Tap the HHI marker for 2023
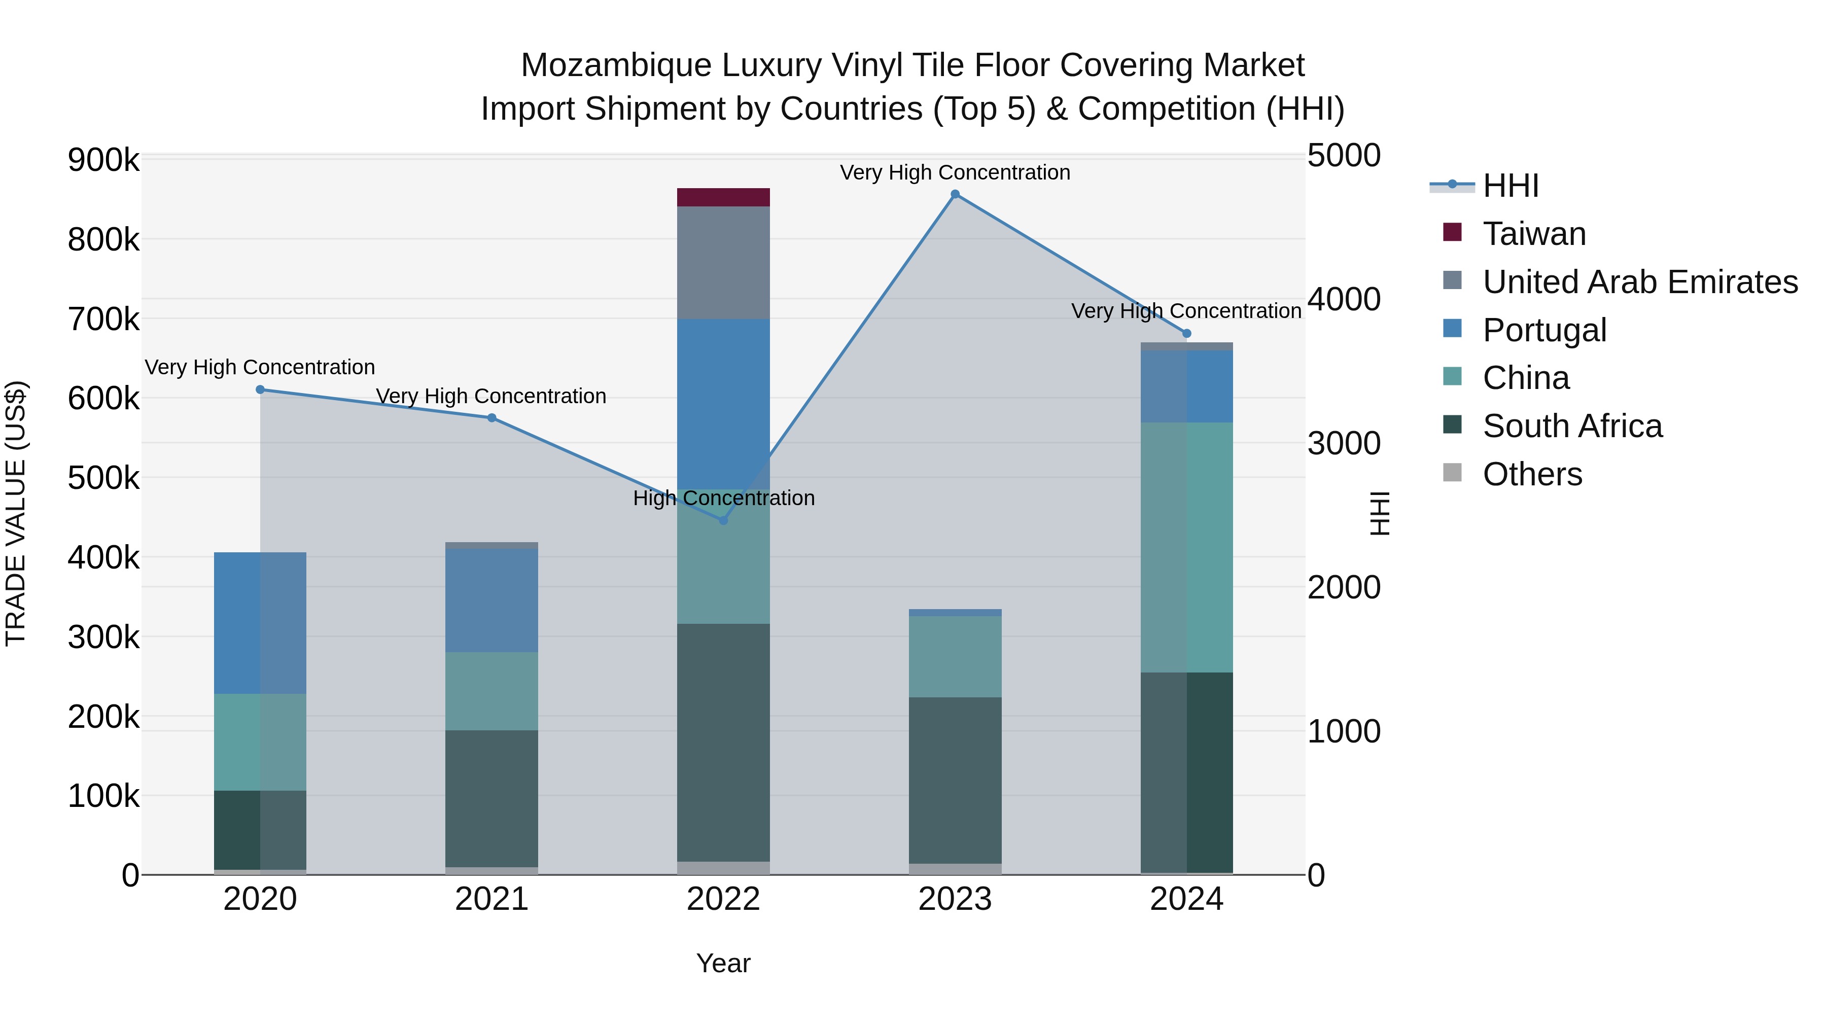955,194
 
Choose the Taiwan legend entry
1533,234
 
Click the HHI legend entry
1510,186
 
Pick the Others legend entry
1532,474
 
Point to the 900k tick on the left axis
103,160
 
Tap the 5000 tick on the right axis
1343,155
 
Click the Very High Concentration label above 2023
955,172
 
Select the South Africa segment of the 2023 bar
955,780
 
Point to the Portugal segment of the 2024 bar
1186,386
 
